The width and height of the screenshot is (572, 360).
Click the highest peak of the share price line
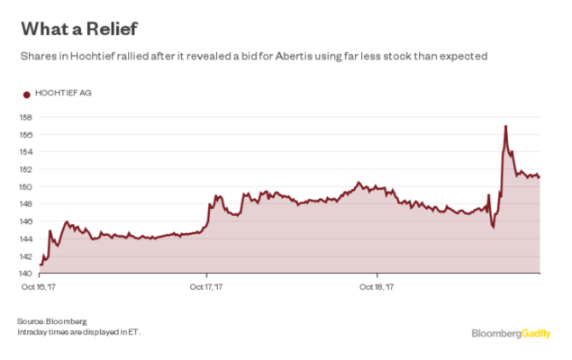(x=506, y=126)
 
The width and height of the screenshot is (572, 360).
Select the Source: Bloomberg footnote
(x=51, y=321)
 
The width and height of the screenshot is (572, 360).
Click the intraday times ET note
(x=78, y=332)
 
